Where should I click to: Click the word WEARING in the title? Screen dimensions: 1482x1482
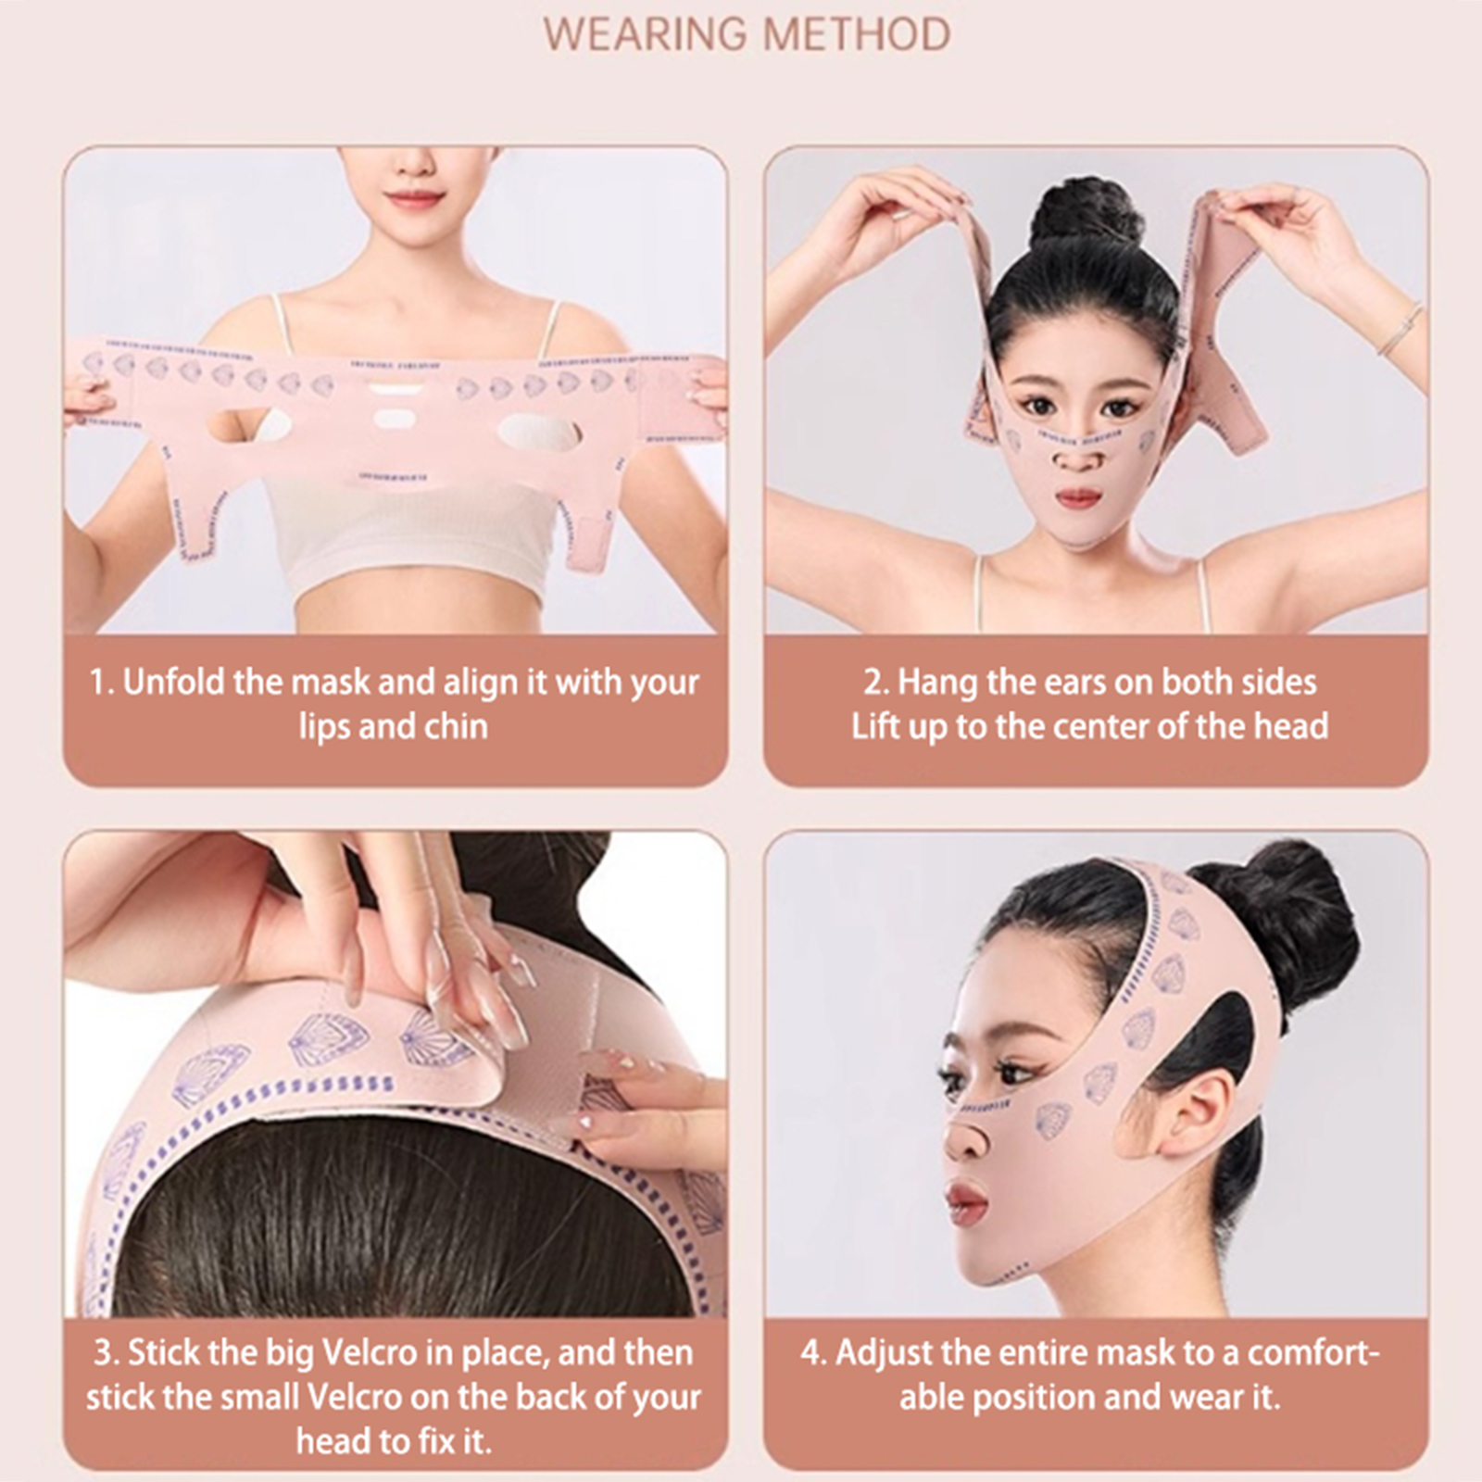646,34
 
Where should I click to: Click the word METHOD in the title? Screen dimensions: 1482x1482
857,34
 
